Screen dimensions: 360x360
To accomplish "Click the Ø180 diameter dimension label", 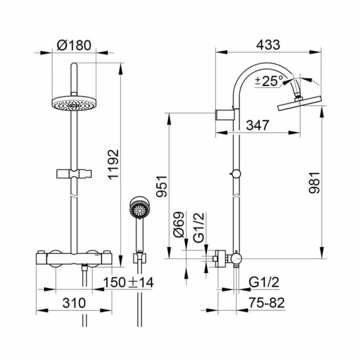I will (74, 45).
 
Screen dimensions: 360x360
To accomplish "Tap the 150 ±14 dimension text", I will (129, 282).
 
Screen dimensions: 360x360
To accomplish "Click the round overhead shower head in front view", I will (73, 103).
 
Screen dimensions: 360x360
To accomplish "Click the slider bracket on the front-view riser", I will (75, 174).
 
